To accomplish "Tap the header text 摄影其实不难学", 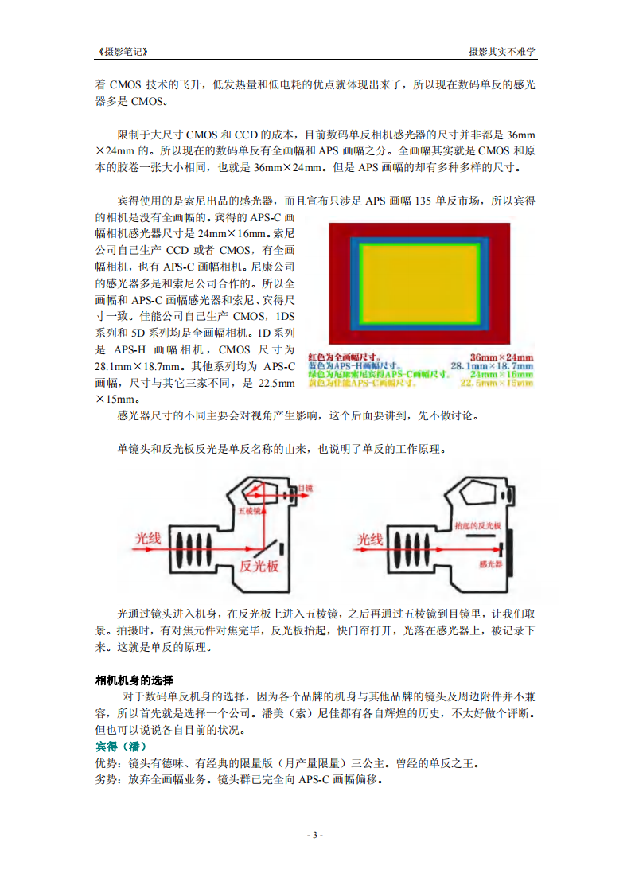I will (502, 51).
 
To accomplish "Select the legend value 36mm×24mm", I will (501, 357).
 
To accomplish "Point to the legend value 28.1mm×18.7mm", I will (491, 365).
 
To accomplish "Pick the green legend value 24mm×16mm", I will (501, 373).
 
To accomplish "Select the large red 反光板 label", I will (259, 567).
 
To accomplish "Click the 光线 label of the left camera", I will (148, 539).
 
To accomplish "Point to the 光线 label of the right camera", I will (369, 539).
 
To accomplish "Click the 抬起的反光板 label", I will (477, 527).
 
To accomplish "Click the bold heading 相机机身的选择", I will (134, 680).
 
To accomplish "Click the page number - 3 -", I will (315, 835).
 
